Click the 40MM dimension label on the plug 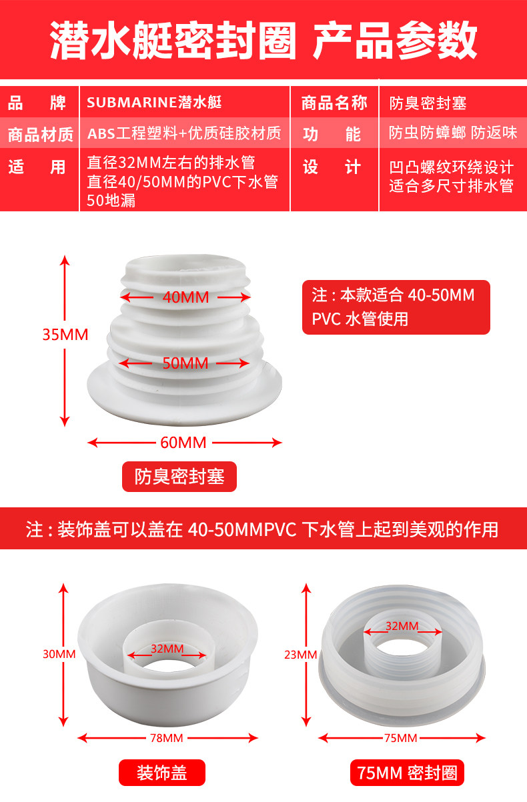click(x=185, y=297)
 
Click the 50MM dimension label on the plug click(x=185, y=363)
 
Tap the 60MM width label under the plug click(x=183, y=443)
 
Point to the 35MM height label click(x=65, y=335)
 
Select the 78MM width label click(x=167, y=738)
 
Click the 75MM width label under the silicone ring click(x=400, y=738)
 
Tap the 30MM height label click(x=59, y=654)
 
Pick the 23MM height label click(x=301, y=655)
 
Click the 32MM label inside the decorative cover click(x=167, y=649)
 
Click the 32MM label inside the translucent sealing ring click(x=402, y=626)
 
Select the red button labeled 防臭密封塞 click(x=179, y=477)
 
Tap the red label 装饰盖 click(x=162, y=773)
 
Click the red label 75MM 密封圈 click(x=407, y=773)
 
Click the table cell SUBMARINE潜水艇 click(x=154, y=103)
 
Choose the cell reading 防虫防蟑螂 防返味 click(x=453, y=133)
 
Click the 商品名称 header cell click(x=334, y=103)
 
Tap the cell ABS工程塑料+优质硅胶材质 click(x=184, y=133)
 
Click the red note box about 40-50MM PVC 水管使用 click(x=396, y=307)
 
